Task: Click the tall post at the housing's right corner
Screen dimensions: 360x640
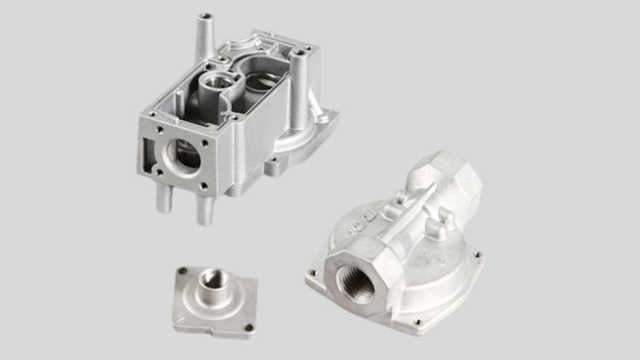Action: (x=298, y=87)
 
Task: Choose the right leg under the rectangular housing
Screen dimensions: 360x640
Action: (x=204, y=209)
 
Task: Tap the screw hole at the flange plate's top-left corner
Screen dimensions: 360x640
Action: (x=182, y=271)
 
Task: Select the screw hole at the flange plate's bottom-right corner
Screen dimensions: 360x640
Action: (x=249, y=327)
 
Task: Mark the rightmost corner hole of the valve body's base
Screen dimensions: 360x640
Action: (x=477, y=254)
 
